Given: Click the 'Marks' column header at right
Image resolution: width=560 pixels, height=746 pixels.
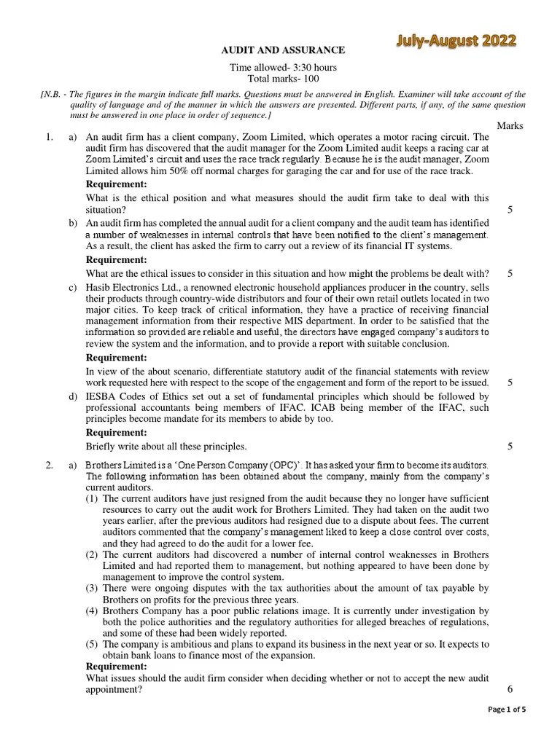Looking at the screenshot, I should click(x=510, y=125).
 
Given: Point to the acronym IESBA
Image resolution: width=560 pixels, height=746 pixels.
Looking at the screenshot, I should click(x=104, y=396).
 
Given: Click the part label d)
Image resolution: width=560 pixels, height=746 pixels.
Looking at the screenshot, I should click(x=73, y=396).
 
